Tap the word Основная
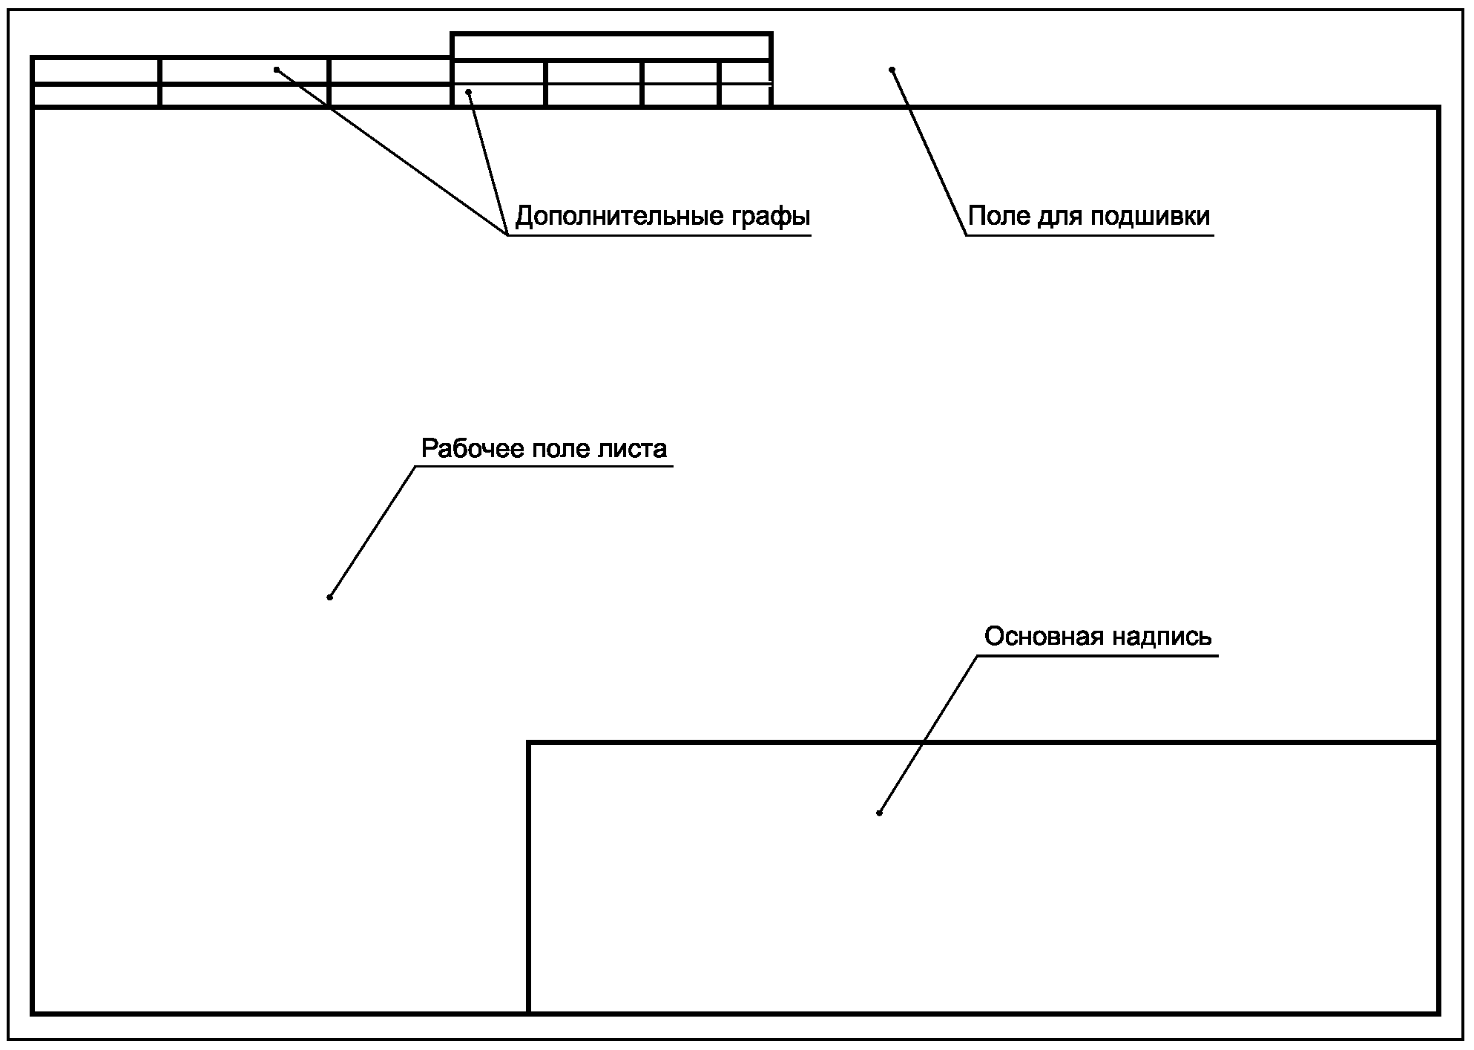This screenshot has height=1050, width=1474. (x=1036, y=636)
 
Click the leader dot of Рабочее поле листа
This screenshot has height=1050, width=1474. (x=330, y=597)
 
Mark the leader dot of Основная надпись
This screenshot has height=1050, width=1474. (x=879, y=813)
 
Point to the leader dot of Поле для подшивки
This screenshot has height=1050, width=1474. (x=892, y=70)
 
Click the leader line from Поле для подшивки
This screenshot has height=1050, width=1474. (x=929, y=151)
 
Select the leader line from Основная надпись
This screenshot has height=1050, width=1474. (x=927, y=735)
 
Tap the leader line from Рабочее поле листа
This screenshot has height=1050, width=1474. (x=372, y=531)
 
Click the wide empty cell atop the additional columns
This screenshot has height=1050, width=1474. (x=611, y=47)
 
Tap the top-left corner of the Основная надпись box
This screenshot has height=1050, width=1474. (x=529, y=742)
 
